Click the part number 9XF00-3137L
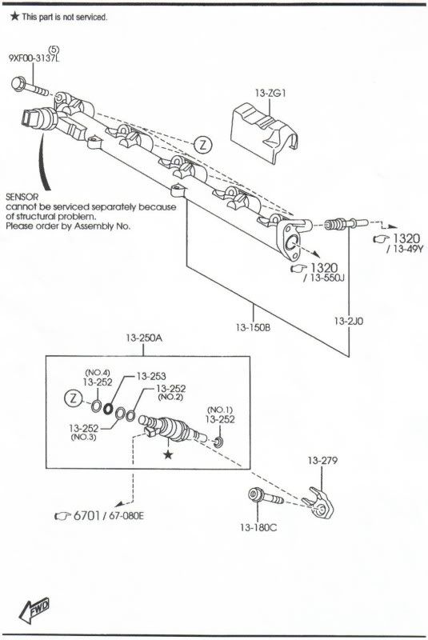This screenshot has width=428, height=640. point(34,58)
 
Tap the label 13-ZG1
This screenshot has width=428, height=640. point(270,93)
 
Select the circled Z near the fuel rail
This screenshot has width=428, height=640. point(202,145)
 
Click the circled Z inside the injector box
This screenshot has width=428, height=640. point(74,398)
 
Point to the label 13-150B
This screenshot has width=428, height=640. point(253,327)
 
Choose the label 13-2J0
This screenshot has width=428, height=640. point(349,322)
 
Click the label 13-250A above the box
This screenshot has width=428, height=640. point(144,338)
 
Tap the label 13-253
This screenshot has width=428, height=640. point(151,376)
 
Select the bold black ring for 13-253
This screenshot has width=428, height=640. point(108,408)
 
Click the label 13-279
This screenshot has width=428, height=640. point(322,461)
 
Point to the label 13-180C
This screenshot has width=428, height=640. point(258,528)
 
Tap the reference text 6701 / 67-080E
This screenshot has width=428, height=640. point(99,515)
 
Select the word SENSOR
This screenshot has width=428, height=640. point(22,197)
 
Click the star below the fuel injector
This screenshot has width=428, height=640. point(168,454)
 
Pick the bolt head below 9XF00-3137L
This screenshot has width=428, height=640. point(18,83)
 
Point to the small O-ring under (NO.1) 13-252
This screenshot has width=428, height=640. point(219,442)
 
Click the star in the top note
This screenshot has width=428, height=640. point(14,16)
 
